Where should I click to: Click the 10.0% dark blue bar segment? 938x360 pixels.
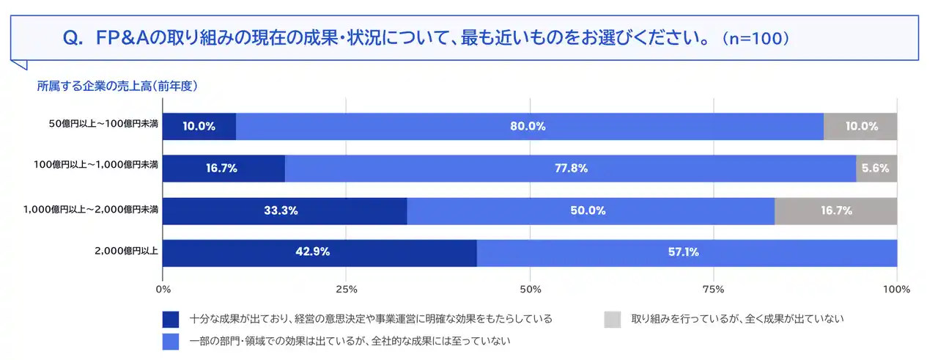click(199, 126)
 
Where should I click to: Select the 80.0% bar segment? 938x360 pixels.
click(529, 126)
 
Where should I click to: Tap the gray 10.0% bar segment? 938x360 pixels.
click(860, 126)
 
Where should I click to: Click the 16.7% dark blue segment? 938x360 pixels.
click(224, 168)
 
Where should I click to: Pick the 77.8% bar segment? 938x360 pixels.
click(570, 168)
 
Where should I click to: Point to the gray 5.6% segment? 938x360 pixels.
click(876, 168)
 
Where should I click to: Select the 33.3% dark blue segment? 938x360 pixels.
click(284, 210)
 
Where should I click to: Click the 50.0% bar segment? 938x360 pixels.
click(590, 210)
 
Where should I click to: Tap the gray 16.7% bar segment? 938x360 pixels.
click(835, 210)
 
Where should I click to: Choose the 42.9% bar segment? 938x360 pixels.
click(320, 253)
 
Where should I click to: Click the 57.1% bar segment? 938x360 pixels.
click(687, 253)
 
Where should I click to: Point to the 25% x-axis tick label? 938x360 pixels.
click(346, 289)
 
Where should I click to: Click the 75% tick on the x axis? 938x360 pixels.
click(713, 289)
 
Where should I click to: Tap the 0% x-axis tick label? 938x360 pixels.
click(163, 289)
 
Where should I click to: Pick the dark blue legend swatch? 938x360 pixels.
click(171, 319)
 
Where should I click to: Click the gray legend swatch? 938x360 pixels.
click(613, 319)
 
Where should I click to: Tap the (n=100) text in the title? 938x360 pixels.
click(755, 39)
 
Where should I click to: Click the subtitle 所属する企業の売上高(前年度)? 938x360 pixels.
click(117, 86)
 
